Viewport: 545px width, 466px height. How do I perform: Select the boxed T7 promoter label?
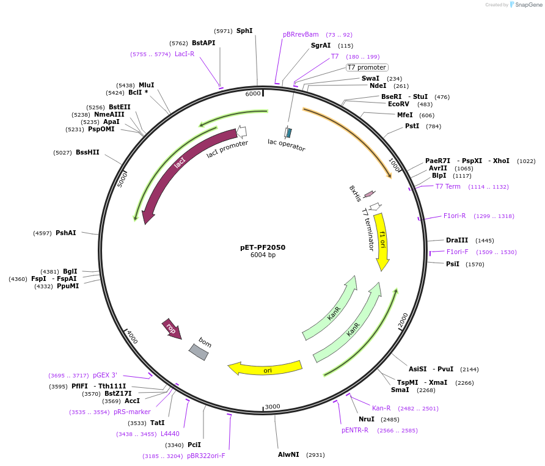[367, 67]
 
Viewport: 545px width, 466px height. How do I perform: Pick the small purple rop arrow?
[171, 328]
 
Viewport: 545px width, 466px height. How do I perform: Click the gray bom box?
[199, 352]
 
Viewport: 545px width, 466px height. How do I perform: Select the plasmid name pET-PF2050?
[263, 247]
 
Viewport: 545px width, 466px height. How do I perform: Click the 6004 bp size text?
[263, 255]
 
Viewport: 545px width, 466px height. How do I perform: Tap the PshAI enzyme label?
[66, 233]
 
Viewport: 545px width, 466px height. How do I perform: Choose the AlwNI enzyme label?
[288, 454]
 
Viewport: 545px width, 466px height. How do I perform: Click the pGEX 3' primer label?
[105, 375]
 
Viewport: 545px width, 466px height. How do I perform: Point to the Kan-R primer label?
[381, 408]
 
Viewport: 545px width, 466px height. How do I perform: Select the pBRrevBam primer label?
[301, 34]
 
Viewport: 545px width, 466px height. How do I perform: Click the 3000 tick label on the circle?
[272, 406]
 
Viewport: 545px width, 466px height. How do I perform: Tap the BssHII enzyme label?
[87, 152]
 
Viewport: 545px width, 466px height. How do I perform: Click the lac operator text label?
[286, 145]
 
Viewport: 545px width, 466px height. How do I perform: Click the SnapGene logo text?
[529, 5]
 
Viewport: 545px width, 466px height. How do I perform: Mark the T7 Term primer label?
[448, 186]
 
